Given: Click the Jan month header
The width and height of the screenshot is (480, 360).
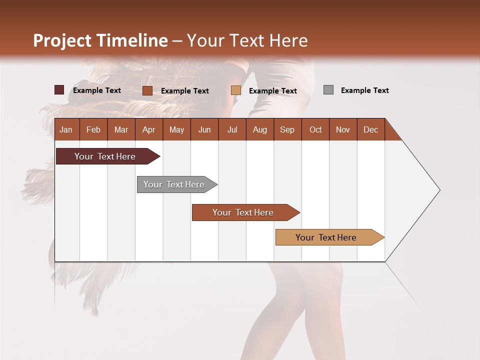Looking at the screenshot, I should pyautogui.click(x=66, y=129).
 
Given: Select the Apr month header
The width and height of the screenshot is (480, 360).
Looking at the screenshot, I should pyautogui.click(x=149, y=129).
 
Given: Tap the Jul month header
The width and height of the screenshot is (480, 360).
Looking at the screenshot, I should pyautogui.click(x=232, y=129).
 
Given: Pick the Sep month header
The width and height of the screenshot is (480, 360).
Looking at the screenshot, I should pyautogui.click(x=287, y=129).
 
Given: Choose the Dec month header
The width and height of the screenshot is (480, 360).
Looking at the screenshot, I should pyautogui.click(x=370, y=129).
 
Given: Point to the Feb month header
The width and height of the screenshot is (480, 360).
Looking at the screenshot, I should pyautogui.click(x=93, y=129).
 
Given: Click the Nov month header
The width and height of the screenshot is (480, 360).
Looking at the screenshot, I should pyautogui.click(x=343, y=129).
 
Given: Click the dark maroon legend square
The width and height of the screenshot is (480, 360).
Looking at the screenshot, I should pyautogui.click(x=59, y=90).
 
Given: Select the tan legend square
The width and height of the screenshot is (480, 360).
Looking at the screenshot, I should pyautogui.click(x=236, y=90).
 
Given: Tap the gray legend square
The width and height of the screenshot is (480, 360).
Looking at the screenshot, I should pyautogui.click(x=328, y=90).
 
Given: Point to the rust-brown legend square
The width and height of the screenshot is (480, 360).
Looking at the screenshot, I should pyautogui.click(x=147, y=90).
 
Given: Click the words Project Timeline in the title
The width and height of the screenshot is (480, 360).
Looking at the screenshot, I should pyautogui.click(x=100, y=40).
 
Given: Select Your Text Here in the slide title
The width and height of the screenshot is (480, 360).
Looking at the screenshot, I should pyautogui.click(x=247, y=40).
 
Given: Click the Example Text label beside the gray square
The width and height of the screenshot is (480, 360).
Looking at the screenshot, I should pyautogui.click(x=364, y=90).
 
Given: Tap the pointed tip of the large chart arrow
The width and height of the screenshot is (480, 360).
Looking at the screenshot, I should pyautogui.click(x=438, y=190).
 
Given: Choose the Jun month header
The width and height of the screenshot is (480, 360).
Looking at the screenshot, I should pyautogui.click(x=204, y=129).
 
